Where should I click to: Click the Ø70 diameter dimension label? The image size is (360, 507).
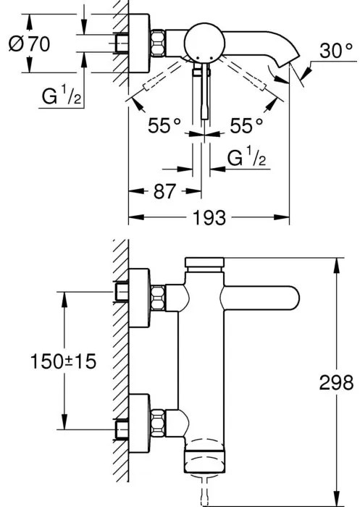(x=29, y=44)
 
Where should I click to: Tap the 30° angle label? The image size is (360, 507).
(x=336, y=51)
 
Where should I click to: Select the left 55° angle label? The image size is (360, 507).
(x=164, y=125)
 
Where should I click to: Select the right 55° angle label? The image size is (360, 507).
(x=246, y=125)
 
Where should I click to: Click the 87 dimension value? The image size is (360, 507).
(x=164, y=191)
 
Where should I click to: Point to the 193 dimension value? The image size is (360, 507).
(x=209, y=217)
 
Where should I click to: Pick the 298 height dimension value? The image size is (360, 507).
(x=336, y=383)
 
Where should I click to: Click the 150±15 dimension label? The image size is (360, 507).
(x=64, y=361)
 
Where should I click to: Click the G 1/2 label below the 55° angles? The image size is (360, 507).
(x=246, y=156)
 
